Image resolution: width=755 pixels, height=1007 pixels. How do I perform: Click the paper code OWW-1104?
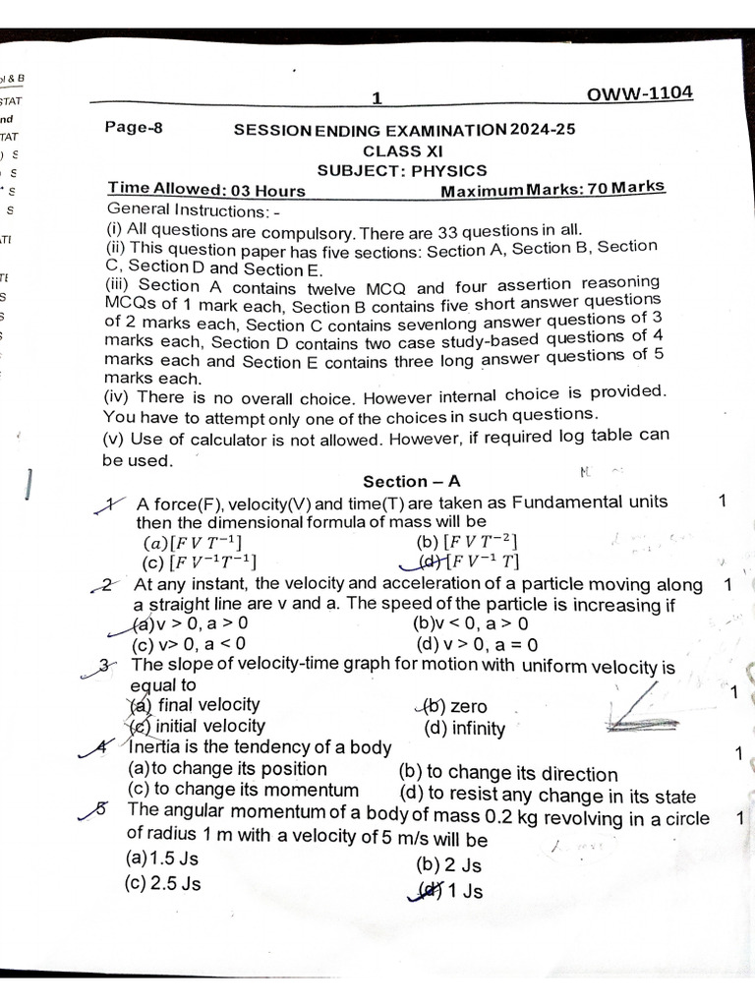639,93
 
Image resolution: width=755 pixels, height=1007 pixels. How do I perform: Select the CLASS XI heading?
403,150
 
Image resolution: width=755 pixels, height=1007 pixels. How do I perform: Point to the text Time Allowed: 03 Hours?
206,190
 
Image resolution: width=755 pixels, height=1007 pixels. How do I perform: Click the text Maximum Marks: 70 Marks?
552,188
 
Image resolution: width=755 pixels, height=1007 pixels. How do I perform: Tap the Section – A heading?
411,481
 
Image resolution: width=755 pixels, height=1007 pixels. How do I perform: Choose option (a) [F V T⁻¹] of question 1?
192,543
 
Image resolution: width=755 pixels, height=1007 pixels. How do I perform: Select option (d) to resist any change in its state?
548,796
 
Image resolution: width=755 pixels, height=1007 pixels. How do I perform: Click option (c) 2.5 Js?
162,883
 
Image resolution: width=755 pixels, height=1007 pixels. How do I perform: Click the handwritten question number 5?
98,808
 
